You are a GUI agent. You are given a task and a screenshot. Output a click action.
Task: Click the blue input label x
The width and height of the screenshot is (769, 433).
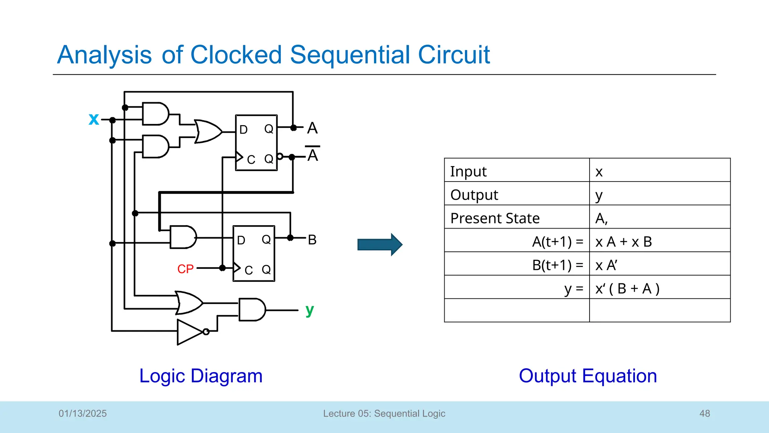[x=94, y=119]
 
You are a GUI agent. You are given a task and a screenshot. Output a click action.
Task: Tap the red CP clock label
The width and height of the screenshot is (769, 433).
[x=185, y=269]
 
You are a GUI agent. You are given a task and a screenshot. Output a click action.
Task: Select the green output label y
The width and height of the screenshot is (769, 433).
[x=309, y=310]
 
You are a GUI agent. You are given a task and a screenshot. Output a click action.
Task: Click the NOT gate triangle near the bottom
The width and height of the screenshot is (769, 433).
[x=190, y=332]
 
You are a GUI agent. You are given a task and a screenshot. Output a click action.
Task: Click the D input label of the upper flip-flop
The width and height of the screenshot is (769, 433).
[x=243, y=130]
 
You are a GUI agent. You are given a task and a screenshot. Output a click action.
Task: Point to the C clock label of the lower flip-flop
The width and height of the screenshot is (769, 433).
[x=249, y=270]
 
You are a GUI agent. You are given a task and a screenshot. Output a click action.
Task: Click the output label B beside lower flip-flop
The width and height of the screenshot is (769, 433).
[x=312, y=240]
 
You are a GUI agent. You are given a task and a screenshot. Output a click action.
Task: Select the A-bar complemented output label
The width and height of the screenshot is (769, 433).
[x=312, y=154]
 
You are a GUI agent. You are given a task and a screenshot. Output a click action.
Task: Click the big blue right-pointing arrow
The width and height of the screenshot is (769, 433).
[x=380, y=245]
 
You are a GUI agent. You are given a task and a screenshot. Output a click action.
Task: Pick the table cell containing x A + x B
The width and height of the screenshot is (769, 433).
[x=659, y=241]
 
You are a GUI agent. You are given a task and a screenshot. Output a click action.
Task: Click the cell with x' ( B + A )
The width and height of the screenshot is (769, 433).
[x=659, y=288]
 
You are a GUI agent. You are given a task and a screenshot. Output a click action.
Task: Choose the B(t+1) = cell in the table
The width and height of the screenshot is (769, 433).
[x=517, y=265]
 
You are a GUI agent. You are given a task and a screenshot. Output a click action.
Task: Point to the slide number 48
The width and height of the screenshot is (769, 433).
[x=704, y=413]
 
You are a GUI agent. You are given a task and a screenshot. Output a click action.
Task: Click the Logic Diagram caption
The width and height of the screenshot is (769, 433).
[x=201, y=376]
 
